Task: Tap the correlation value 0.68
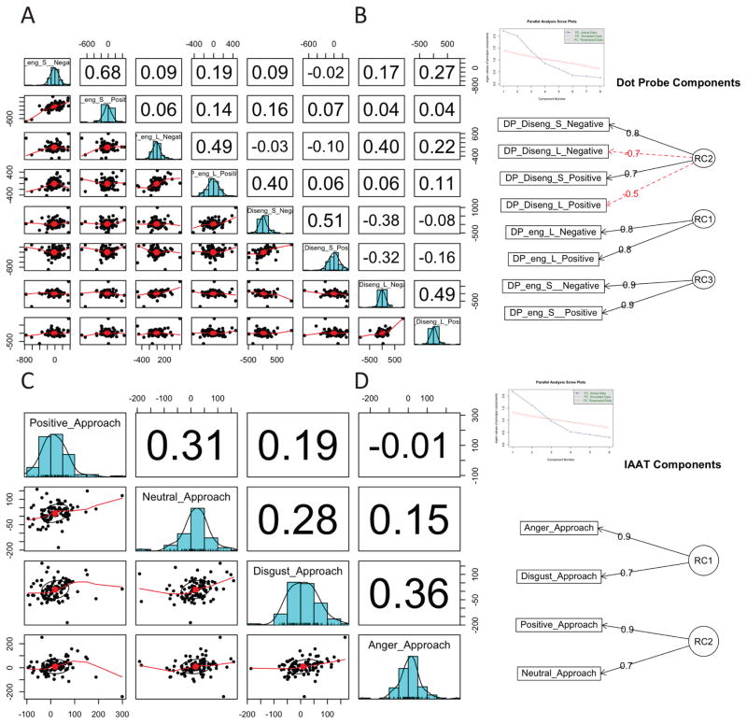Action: (107, 73)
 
